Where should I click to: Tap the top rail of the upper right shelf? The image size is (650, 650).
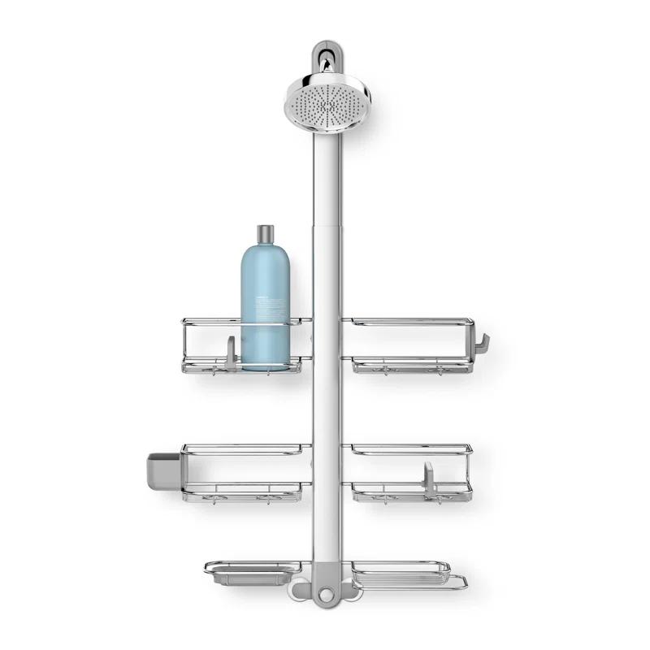tap(406, 321)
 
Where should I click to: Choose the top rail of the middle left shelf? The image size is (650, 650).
tap(244, 447)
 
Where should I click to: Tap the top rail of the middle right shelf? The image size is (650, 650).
tap(406, 447)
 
